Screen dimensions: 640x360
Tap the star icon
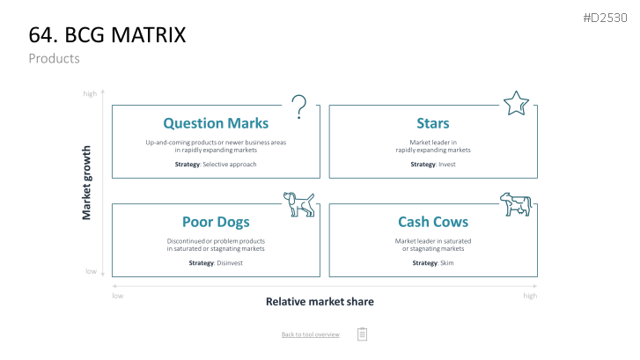pos(516,103)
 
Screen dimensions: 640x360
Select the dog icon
pos(299,204)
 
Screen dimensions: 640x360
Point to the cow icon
pos(516,204)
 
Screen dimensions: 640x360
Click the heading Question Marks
pos(216,123)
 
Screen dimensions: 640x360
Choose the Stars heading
pos(433,123)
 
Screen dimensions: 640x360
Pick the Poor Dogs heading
pos(216,222)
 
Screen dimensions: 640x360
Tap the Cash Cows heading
pos(433,222)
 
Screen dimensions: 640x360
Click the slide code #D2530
pos(605,18)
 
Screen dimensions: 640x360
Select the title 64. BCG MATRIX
pos(107,34)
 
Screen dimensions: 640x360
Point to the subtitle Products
pos(55,58)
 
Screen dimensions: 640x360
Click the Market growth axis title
pos(86,183)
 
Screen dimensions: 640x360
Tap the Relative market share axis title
pos(320,302)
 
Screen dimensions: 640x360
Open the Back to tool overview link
pos(311,334)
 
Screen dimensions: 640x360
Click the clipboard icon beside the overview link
pos(362,334)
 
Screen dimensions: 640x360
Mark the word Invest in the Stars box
pos(447,165)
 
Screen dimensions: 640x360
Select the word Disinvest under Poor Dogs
pos(230,263)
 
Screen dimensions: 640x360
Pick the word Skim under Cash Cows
pos(447,263)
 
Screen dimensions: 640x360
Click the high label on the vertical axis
pos(90,94)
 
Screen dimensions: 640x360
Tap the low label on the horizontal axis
pos(118,296)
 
